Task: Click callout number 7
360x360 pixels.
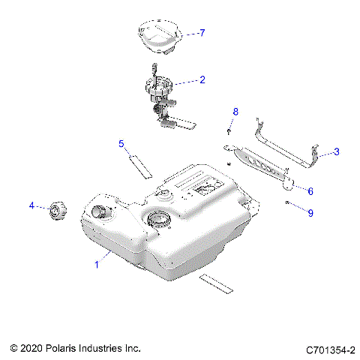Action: (x=201, y=33)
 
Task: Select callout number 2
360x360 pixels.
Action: (x=201, y=79)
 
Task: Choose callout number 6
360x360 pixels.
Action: (x=310, y=191)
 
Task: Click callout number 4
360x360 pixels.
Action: (x=31, y=205)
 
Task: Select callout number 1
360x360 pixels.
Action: (x=96, y=264)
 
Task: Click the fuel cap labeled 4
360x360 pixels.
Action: (x=56, y=211)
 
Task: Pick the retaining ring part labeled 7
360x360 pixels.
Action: (x=159, y=37)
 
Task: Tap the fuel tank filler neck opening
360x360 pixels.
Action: (x=99, y=211)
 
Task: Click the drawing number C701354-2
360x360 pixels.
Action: (x=330, y=349)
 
